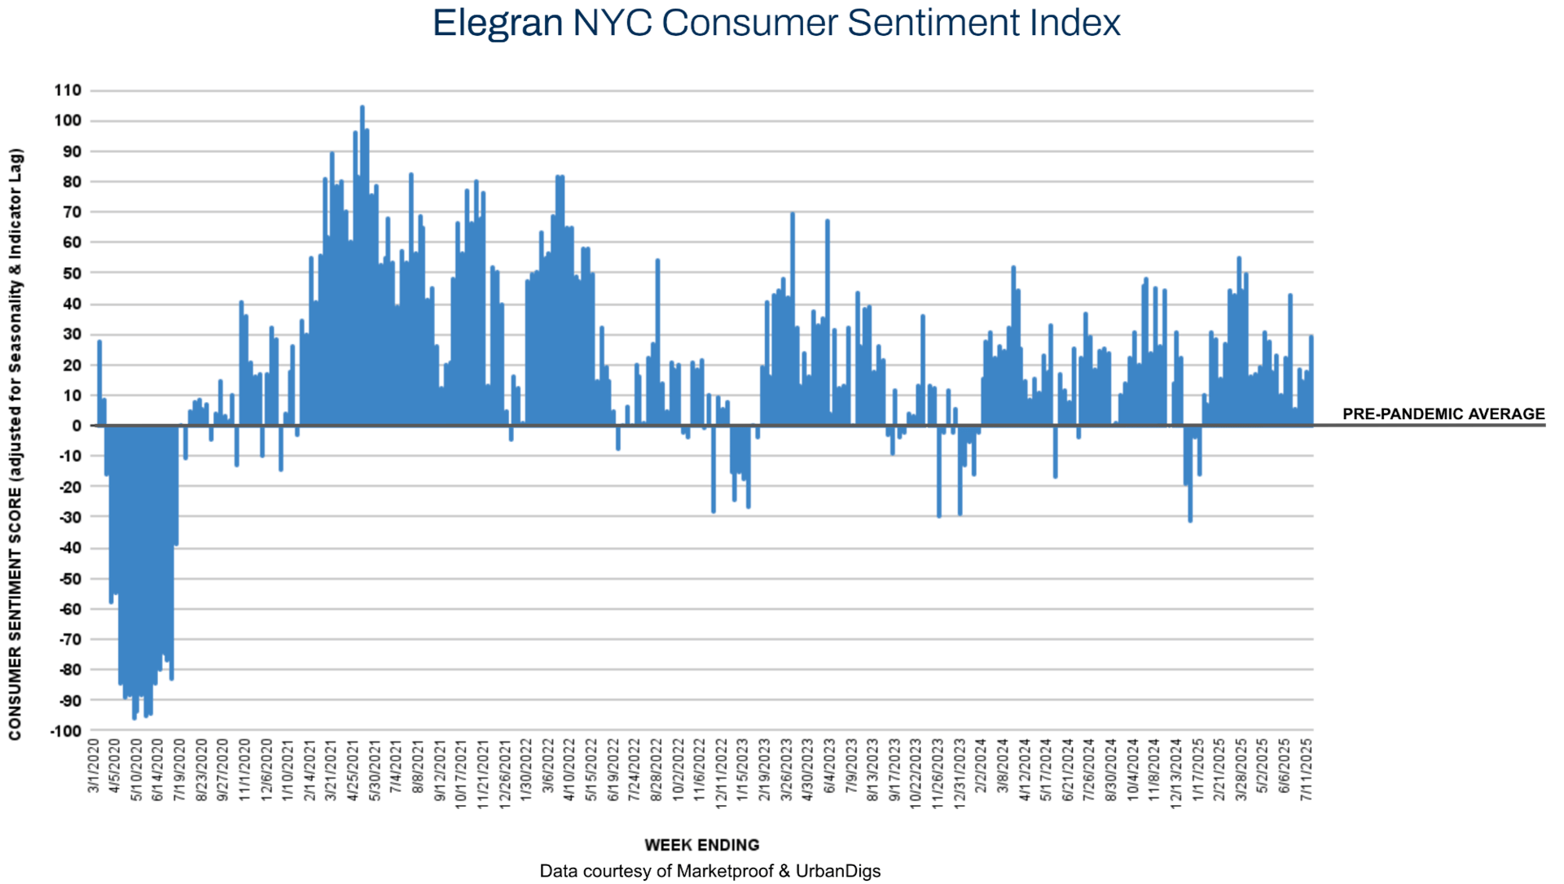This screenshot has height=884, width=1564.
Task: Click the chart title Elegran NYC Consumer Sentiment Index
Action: pyautogui.click(x=775, y=23)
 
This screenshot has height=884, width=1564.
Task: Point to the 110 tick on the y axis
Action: pyautogui.click(x=68, y=90)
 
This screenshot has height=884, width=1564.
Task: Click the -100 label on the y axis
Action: pyautogui.click(x=66, y=731)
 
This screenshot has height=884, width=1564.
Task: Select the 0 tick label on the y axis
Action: pyautogui.click(x=77, y=426)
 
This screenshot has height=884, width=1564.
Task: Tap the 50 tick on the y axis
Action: pyautogui.click(x=72, y=274)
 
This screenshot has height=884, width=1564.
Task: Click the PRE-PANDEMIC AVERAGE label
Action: pyautogui.click(x=1443, y=414)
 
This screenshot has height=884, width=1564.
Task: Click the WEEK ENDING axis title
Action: pyautogui.click(x=701, y=845)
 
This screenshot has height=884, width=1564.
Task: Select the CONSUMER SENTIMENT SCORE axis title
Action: pyautogui.click(x=15, y=444)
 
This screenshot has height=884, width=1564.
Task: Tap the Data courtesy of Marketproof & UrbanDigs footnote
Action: pyautogui.click(x=710, y=871)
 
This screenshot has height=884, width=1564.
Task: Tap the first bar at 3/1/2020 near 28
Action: pyautogui.click(x=99, y=383)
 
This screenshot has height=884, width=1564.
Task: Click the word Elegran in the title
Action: pyautogui.click(x=498, y=23)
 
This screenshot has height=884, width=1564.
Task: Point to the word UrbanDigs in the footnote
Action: pyautogui.click(x=838, y=871)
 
